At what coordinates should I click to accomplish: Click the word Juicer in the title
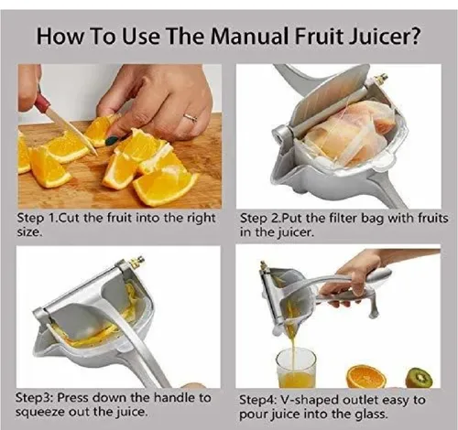[x=378, y=36]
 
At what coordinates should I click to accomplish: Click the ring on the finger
[x=190, y=118]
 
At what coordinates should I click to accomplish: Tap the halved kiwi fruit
[x=419, y=378]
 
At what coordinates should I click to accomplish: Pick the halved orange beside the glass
[x=366, y=377]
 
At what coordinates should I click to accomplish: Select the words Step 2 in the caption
[x=259, y=219]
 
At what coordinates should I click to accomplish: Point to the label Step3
[x=34, y=398]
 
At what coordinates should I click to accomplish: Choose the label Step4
[x=257, y=400]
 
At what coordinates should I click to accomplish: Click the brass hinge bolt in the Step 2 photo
[x=381, y=79]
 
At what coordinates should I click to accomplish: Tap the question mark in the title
[x=415, y=36]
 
